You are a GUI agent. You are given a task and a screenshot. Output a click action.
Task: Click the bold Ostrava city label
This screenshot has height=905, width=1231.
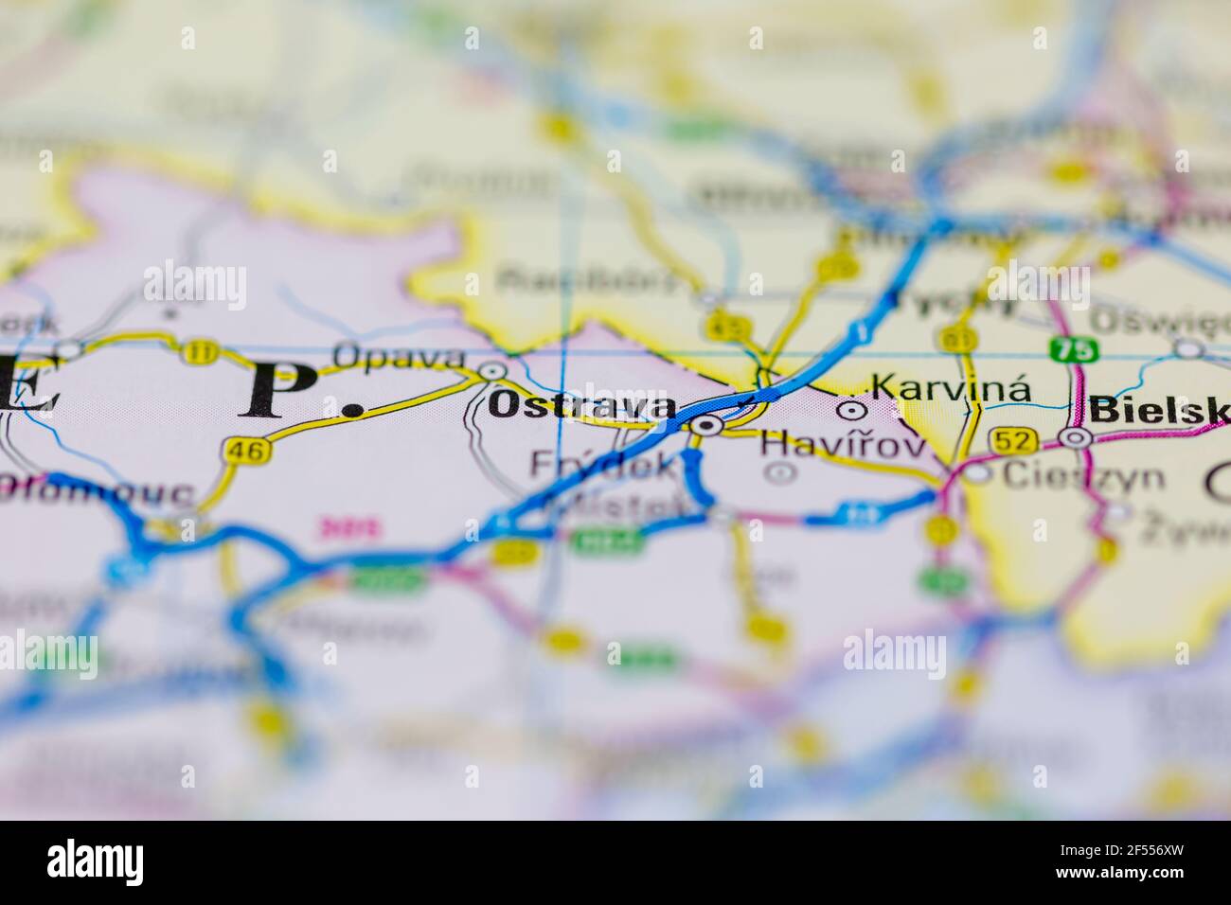pos(581,406)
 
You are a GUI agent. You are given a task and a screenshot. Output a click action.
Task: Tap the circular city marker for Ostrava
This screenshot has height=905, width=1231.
pos(705,426)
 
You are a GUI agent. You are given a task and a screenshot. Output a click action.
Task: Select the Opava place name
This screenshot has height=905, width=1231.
pos(400,359)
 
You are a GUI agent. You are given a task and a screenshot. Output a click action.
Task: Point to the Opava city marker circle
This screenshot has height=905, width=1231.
pos(492,372)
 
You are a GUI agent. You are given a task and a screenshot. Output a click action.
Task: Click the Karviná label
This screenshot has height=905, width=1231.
pos(950,388)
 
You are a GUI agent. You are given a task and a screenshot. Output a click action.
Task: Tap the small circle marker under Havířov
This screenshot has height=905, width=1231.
pos(780,472)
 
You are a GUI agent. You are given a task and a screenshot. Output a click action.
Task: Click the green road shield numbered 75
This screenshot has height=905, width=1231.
pos(1073,348)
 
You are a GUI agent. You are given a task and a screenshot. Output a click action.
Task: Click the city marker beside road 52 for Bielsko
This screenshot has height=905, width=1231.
pos(1075,438)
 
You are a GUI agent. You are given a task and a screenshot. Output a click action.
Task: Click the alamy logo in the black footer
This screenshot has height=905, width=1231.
pos(95,862)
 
